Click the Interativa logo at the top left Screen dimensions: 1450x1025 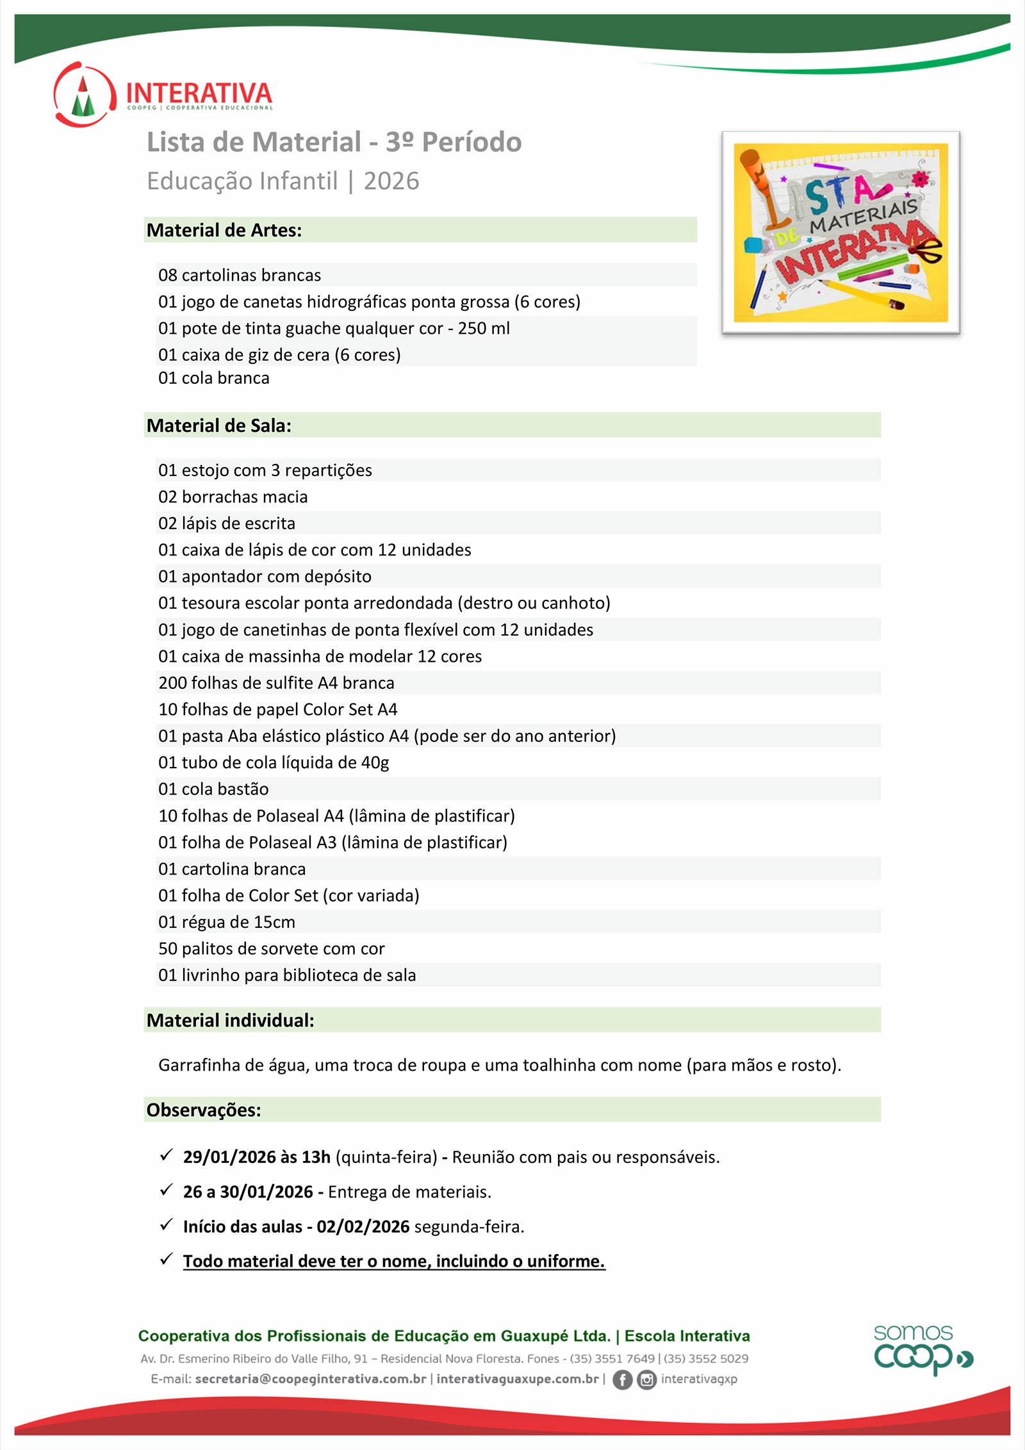coord(163,94)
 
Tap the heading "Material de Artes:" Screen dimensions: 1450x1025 coord(224,230)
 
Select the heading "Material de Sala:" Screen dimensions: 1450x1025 coord(219,425)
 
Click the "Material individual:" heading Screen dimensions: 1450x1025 coord(231,1020)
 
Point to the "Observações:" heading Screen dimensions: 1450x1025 coord(204,1110)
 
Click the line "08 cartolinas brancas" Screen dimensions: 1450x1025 coord(240,275)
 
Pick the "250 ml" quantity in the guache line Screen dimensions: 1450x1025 coord(484,328)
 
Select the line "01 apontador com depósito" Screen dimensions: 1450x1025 coord(265,576)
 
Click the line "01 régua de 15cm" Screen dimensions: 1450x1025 coord(227,922)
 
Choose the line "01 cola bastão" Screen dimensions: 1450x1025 coord(213,789)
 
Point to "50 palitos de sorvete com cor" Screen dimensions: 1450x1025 coord(272,948)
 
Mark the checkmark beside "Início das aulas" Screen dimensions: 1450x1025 coord(167,1224)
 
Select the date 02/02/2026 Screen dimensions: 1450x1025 coord(363,1226)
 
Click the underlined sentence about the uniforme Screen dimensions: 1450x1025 coord(394,1261)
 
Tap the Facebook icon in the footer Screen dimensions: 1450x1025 coord(622,1380)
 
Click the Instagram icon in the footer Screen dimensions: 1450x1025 coord(647,1380)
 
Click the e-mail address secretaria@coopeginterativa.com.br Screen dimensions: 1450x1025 coord(311,1379)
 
